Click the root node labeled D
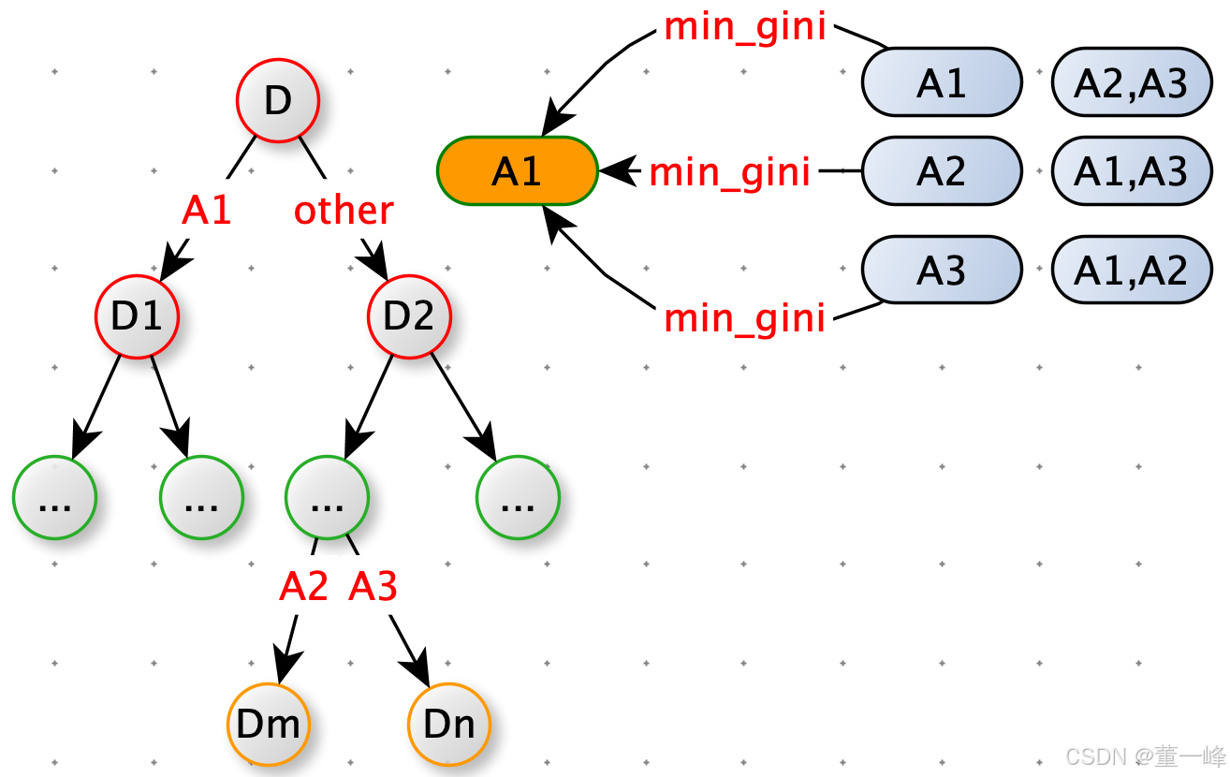(x=277, y=100)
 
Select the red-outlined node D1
(x=137, y=316)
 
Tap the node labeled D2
(x=409, y=316)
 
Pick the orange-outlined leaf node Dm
(x=268, y=724)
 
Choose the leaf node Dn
(x=449, y=724)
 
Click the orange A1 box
(x=517, y=171)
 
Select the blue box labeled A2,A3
(x=1131, y=82)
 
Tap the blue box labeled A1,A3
(x=1131, y=171)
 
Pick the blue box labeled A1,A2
(x=1131, y=270)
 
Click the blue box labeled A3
(x=941, y=270)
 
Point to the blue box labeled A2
(x=941, y=171)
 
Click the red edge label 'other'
(x=344, y=211)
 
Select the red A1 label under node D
(x=207, y=211)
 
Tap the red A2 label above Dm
(x=304, y=587)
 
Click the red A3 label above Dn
(x=373, y=587)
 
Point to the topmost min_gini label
(x=745, y=27)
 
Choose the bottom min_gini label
(x=745, y=318)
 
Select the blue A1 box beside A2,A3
(x=941, y=82)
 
